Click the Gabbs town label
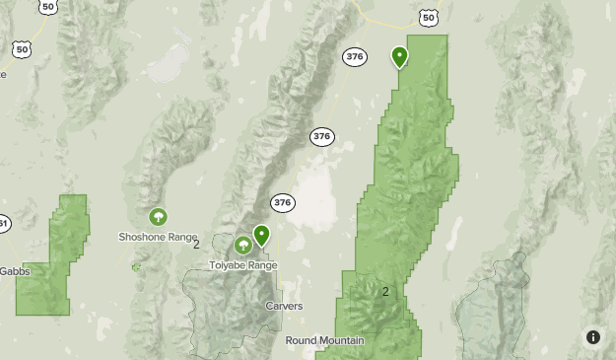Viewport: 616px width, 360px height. tap(15, 271)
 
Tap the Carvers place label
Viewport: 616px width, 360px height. tap(284, 306)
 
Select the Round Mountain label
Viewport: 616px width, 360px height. tap(324, 340)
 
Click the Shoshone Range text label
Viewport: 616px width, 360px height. tap(158, 238)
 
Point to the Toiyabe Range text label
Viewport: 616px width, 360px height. tap(243, 265)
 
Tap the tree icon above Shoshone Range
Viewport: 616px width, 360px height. tap(157, 217)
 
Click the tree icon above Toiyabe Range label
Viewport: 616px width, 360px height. tap(243, 245)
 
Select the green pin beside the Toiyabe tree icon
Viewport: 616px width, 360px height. tap(261, 237)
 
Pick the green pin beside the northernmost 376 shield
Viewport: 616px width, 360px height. tap(399, 57)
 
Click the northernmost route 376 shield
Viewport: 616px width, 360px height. tap(355, 56)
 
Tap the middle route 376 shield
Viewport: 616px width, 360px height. tap(321, 136)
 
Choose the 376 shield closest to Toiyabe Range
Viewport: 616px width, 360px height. tap(283, 202)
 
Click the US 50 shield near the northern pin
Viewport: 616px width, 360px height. tap(427, 18)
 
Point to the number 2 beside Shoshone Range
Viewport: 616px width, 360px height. tap(196, 244)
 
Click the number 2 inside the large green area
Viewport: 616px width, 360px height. tap(385, 291)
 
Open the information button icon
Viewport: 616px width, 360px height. tap(593, 336)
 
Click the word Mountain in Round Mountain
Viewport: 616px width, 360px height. tap(340, 340)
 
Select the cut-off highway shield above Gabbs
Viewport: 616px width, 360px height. tap(3, 224)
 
